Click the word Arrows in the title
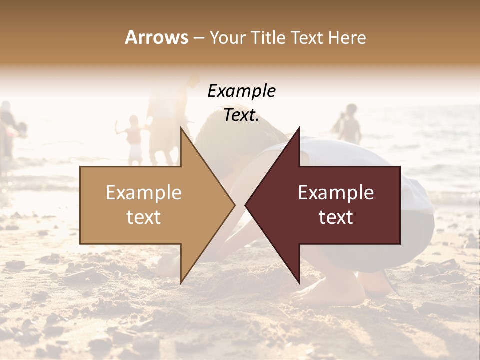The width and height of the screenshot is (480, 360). click(156, 37)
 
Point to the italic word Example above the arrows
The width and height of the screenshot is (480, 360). click(241, 91)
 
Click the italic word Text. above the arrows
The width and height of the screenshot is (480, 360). click(241, 115)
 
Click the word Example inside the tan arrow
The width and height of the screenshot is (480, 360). click(144, 193)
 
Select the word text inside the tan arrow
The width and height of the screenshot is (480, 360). click(144, 217)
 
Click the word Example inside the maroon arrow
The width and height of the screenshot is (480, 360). click(336, 193)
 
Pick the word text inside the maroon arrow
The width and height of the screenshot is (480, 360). click(336, 217)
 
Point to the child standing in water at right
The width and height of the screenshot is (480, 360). click(350, 125)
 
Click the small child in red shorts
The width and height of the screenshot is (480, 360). click(134, 140)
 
